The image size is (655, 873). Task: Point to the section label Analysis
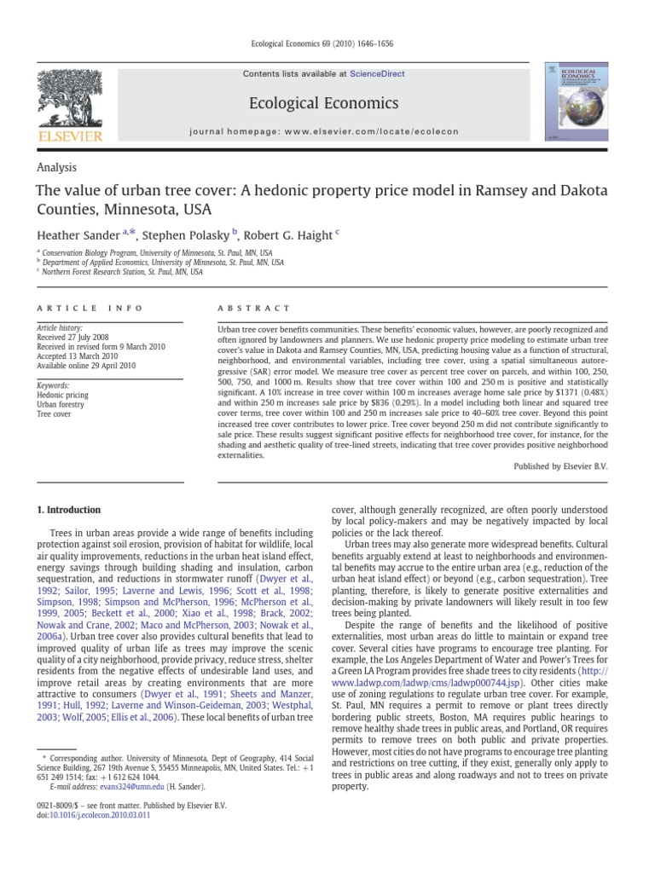pyautogui.click(x=56, y=169)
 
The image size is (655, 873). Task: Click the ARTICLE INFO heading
pyautogui.click(x=90, y=308)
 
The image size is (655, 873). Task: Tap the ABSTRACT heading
pyautogui.click(x=254, y=308)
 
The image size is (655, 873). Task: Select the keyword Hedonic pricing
pyautogui.click(x=64, y=396)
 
